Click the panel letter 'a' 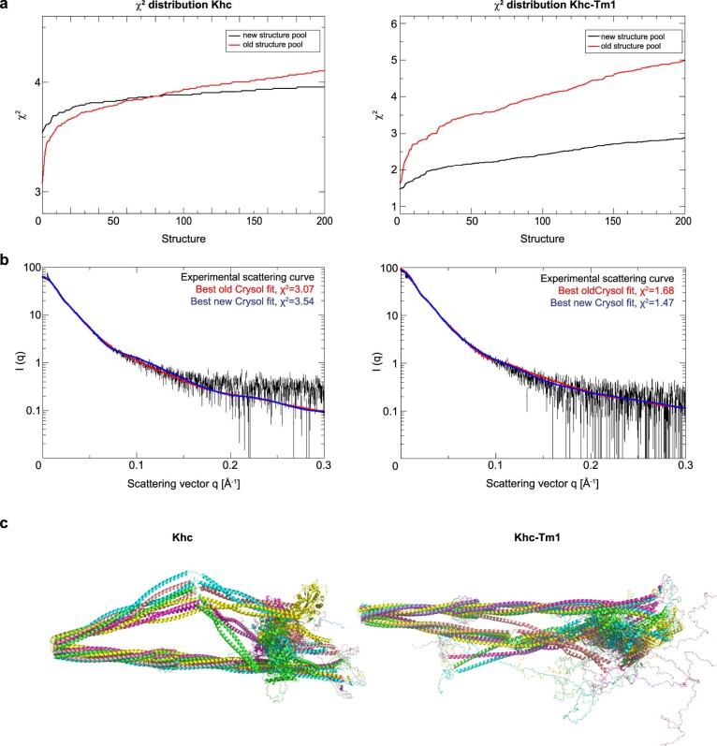coord(6,6)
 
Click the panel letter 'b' coord(6,257)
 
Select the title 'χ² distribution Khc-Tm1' coord(538,7)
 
